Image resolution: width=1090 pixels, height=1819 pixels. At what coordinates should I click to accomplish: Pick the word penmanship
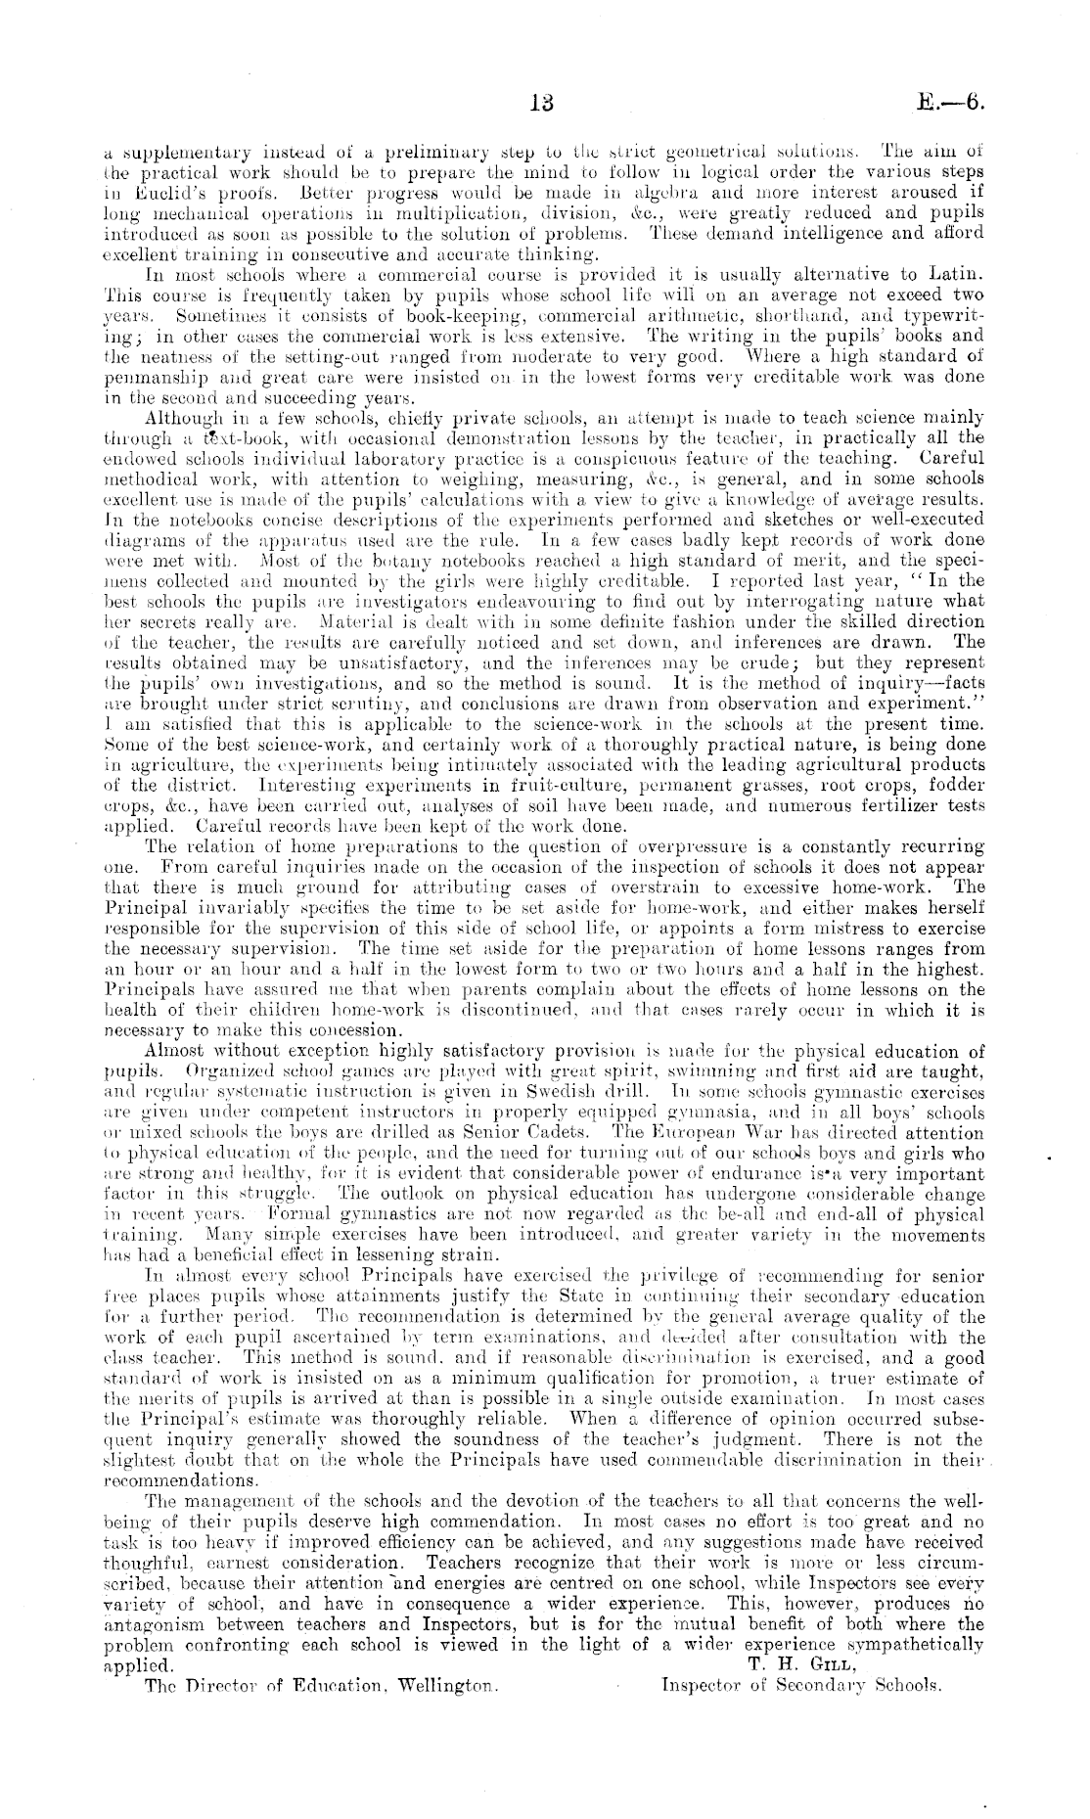148,379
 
